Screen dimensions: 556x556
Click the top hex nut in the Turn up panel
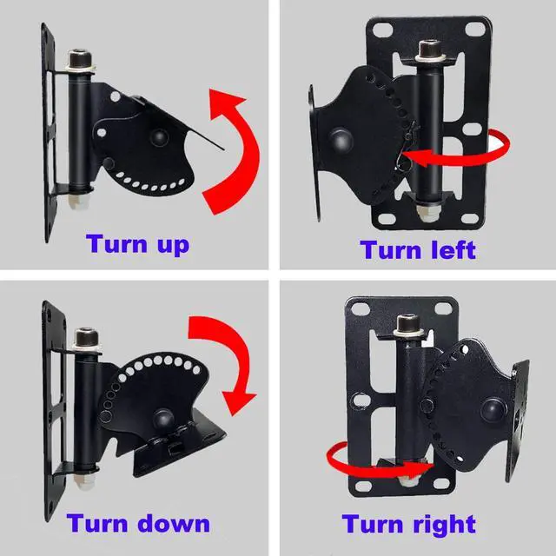pos(83,62)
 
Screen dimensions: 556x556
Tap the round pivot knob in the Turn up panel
pos(159,136)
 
